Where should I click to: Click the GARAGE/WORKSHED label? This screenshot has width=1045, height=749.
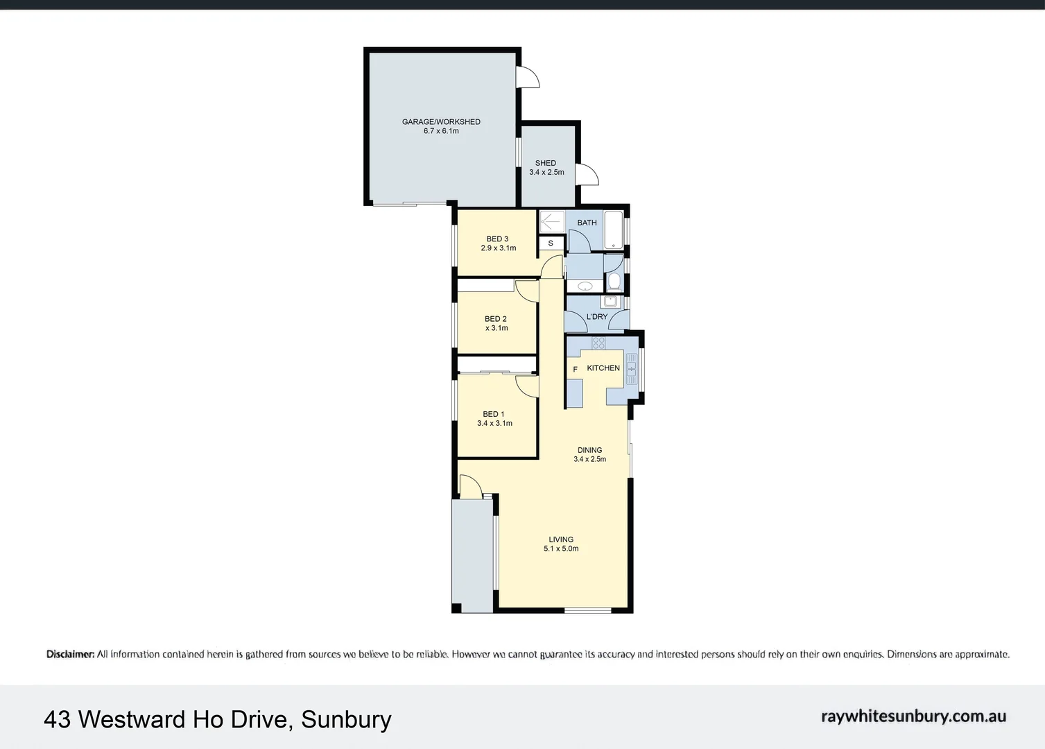[441, 122]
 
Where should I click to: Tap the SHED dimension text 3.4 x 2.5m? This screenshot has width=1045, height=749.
[546, 172]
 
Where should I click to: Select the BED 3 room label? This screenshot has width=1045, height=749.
[497, 239]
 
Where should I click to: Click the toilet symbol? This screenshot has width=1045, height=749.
[614, 282]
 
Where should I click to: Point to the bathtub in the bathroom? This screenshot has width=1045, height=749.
[614, 230]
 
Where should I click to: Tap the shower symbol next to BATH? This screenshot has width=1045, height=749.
[553, 222]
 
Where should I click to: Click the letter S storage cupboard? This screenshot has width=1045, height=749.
[551, 243]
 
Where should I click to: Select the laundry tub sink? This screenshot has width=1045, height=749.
[610, 301]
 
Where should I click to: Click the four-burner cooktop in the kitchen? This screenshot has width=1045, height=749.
[598, 343]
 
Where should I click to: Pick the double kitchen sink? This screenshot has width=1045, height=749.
[631, 369]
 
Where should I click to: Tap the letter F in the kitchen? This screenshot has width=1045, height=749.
[576, 369]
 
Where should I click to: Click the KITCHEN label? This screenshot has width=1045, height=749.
[603, 368]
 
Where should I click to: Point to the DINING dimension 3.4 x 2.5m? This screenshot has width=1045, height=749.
[589, 459]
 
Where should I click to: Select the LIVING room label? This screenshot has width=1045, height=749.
[561, 540]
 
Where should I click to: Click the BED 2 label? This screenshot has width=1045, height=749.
[495, 319]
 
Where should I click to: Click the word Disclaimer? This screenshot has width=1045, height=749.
[71, 654]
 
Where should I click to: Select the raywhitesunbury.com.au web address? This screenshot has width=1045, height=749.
[913, 716]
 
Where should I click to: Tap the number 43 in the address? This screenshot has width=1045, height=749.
[57, 719]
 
